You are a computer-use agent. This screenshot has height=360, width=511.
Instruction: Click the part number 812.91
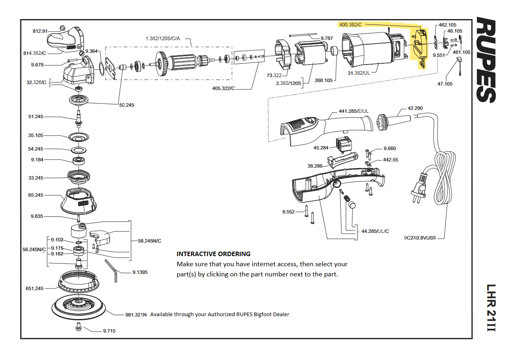pos(40,31)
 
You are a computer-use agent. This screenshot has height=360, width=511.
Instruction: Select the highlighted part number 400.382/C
pos(350,25)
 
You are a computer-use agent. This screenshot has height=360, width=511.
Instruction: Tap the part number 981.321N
pos(136,315)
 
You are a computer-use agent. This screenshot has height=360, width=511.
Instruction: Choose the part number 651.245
pos(34,289)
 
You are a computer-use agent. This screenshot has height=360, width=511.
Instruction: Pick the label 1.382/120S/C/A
pos(162,38)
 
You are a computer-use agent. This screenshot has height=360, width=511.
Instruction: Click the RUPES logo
pos(486,59)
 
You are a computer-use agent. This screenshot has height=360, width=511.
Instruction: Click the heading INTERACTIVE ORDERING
pos(213,254)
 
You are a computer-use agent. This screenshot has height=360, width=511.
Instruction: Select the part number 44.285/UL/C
pos(375,231)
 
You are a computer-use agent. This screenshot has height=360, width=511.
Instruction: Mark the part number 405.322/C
pos(224,88)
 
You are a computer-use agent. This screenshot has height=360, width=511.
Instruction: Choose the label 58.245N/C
pos(150,241)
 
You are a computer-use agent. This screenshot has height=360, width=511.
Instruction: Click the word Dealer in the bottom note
pos(281,314)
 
